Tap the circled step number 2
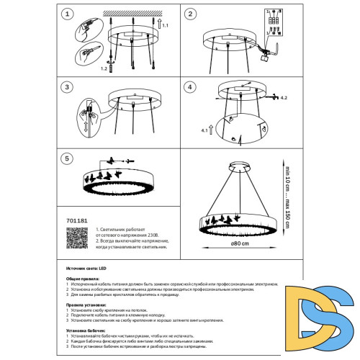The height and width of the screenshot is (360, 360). [x=191, y=14]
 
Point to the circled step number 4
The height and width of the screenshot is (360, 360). [x=191, y=86]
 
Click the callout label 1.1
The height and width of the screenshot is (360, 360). [x=166, y=25]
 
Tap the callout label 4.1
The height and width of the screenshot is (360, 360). [x=204, y=130]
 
